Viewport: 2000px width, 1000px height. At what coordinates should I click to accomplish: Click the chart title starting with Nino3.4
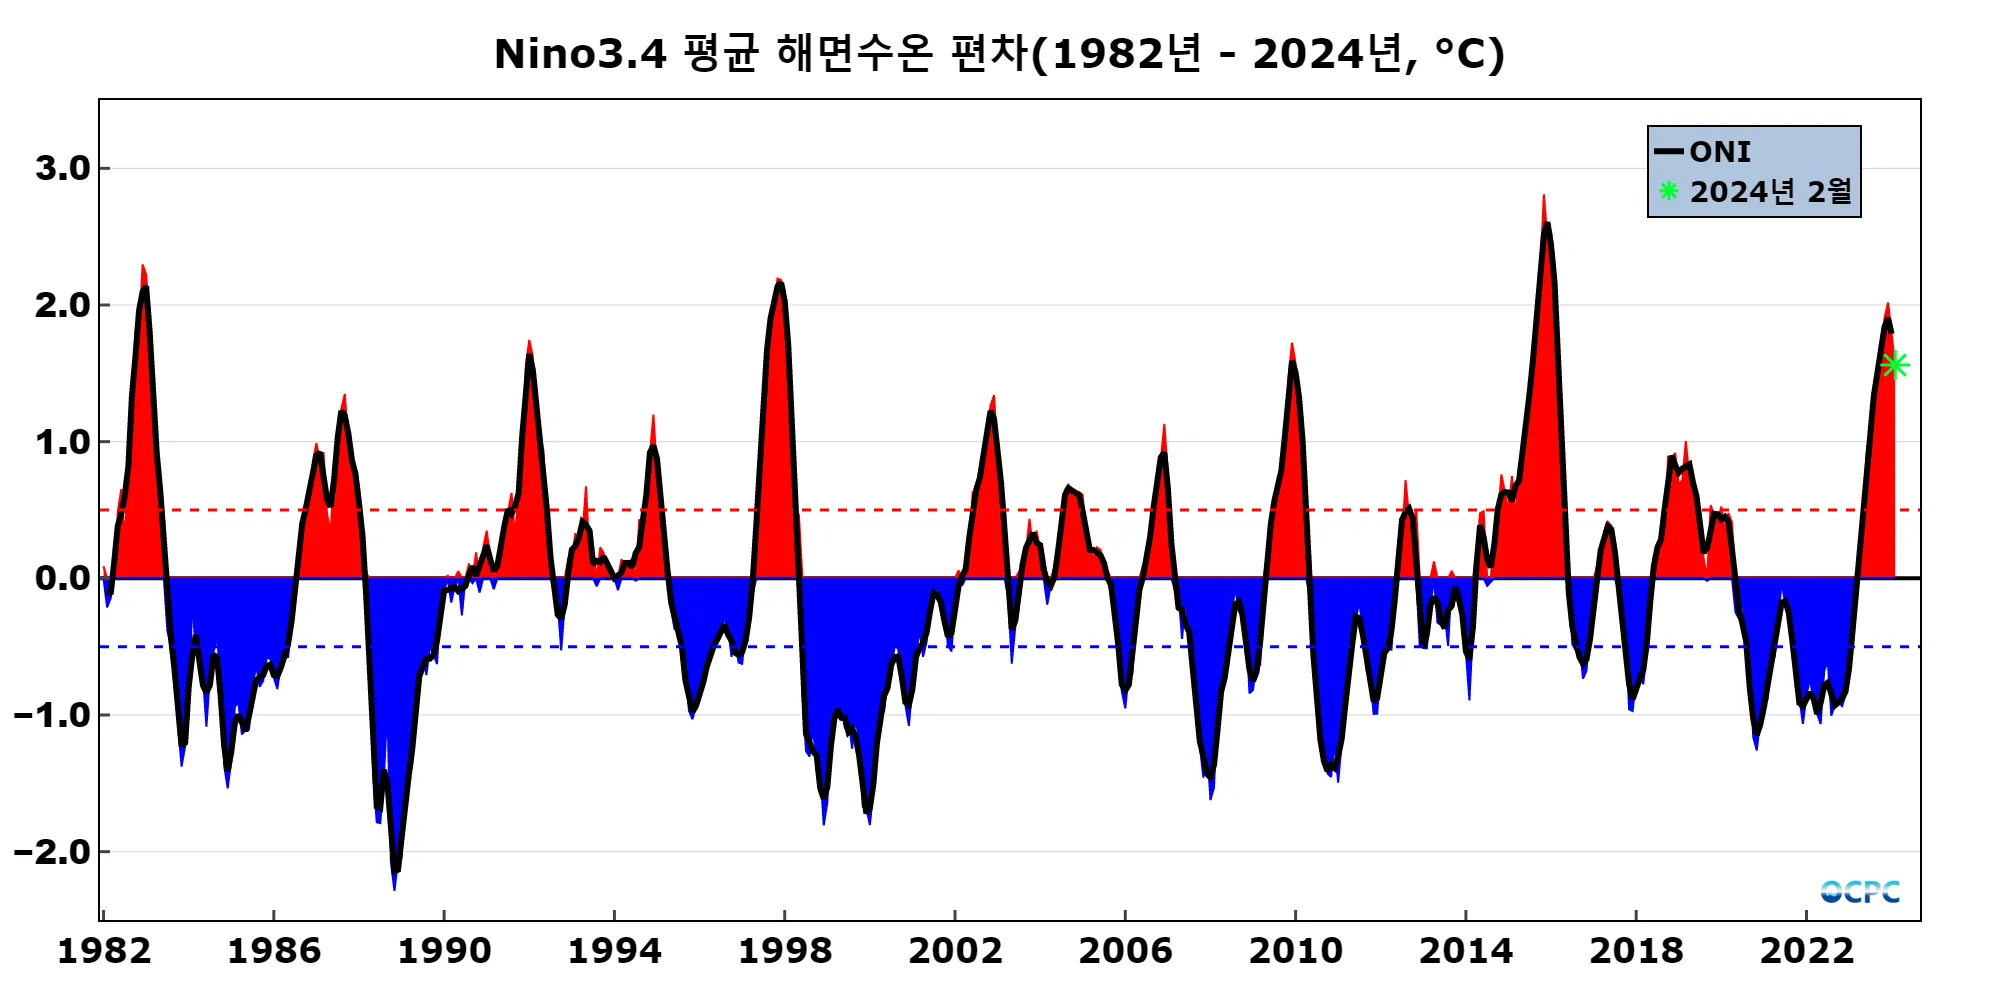click(999, 54)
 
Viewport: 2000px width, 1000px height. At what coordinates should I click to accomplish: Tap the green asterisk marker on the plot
click(1894, 366)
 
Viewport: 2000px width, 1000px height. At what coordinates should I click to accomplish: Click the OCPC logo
click(1859, 891)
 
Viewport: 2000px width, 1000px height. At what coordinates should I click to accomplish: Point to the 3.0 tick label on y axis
click(62, 168)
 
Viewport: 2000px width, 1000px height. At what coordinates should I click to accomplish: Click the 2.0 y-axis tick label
click(62, 305)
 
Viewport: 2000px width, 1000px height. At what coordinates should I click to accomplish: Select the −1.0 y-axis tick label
click(52, 715)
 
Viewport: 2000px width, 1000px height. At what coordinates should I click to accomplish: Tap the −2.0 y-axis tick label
click(52, 852)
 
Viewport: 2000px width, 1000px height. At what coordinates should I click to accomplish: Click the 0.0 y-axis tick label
click(62, 578)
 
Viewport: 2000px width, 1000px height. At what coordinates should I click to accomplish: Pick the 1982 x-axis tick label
click(104, 951)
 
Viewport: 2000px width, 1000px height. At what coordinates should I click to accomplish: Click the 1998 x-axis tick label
click(785, 951)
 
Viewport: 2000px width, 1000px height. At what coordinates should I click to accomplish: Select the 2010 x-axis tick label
click(1295, 951)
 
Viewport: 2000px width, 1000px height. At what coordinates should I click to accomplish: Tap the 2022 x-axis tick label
click(1806, 951)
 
